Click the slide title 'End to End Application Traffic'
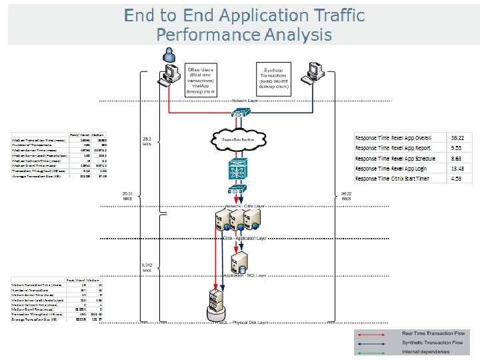click(x=244, y=15)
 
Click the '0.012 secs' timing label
click(x=147, y=267)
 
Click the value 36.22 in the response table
click(x=457, y=137)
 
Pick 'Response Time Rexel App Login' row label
click(x=393, y=169)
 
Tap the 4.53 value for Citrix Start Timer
click(x=457, y=179)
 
